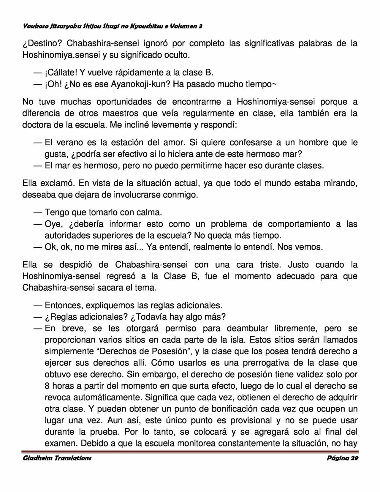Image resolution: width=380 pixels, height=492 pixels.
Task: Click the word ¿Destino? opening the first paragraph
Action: pyautogui.click(x=42, y=43)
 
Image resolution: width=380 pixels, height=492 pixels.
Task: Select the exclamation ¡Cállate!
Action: pyautogui.click(x=61, y=73)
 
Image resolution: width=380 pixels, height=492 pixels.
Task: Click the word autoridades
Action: pyautogui.click(x=68, y=236)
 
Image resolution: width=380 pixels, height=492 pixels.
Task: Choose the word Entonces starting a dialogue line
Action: pyautogui.click(x=61, y=305)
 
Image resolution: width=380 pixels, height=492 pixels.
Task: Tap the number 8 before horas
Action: pyautogui.click(x=47, y=386)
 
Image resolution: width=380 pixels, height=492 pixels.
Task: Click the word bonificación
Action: pyautogui.click(x=232, y=409)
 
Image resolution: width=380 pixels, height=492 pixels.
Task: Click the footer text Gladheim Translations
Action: pyautogui.click(x=57, y=458)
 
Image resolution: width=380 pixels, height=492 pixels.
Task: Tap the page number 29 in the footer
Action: pyautogui.click(x=354, y=458)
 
